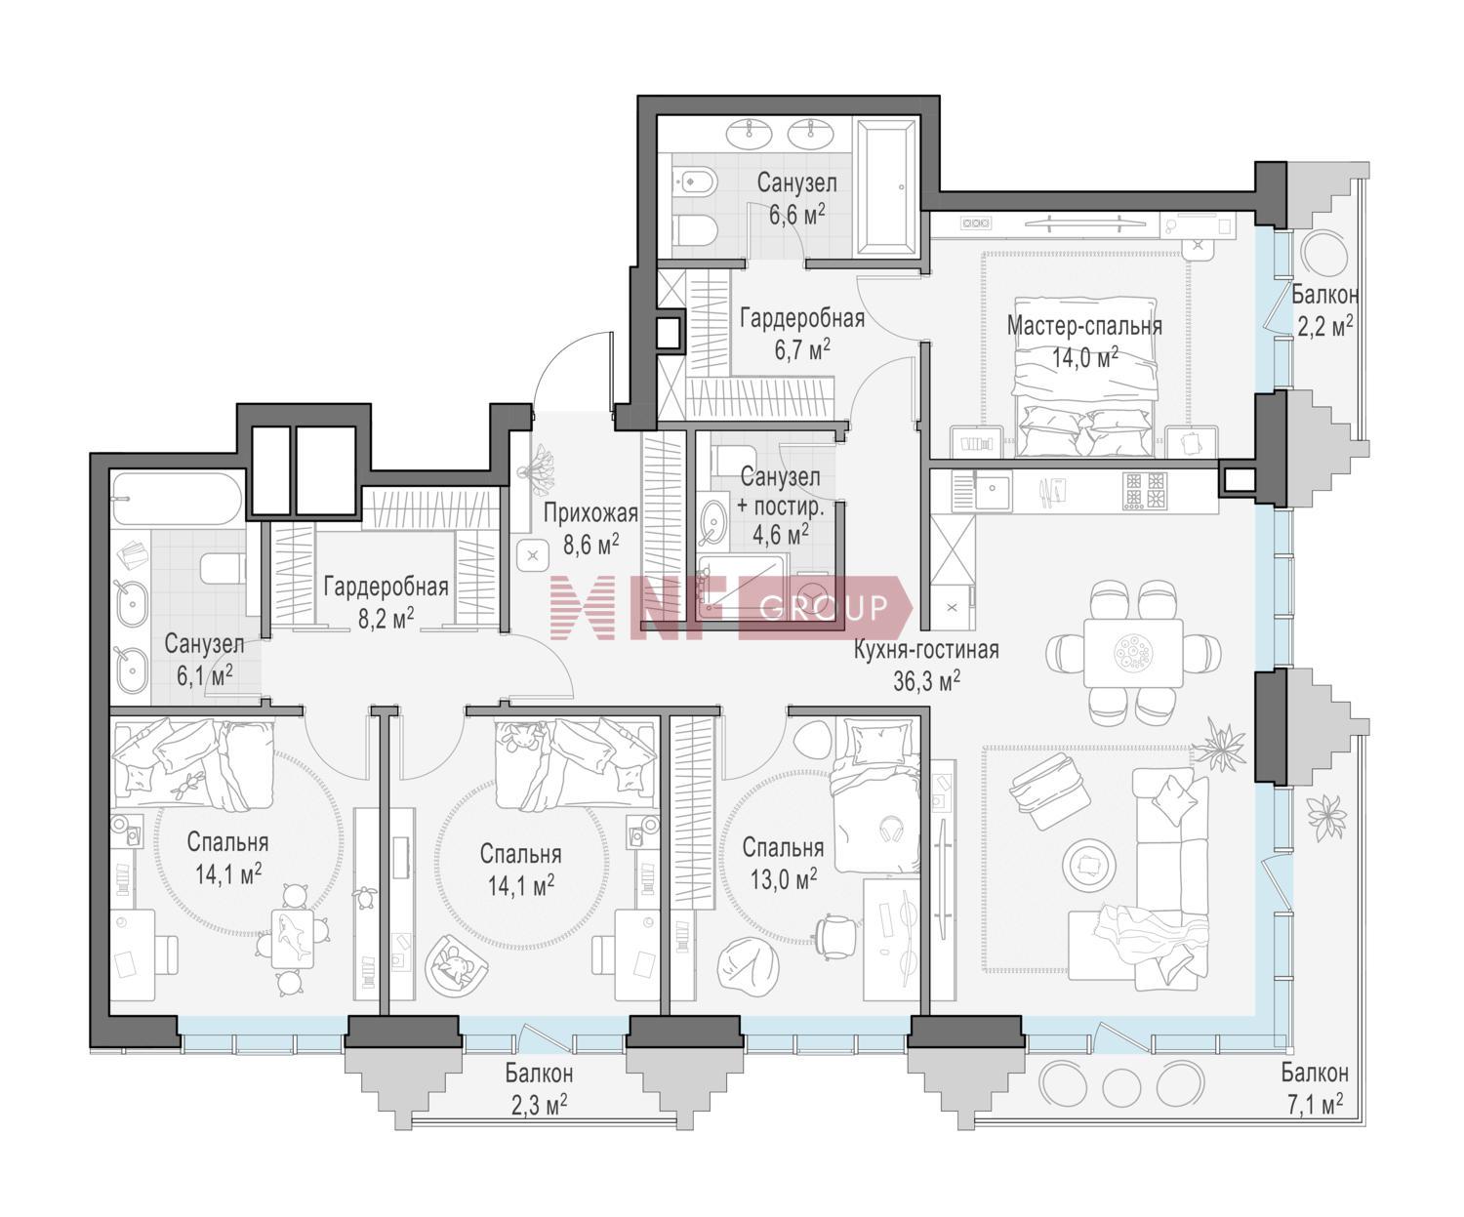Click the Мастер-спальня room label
pyautogui.click(x=1084, y=326)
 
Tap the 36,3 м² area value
pyautogui.click(x=926, y=680)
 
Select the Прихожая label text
pyautogui.click(x=590, y=514)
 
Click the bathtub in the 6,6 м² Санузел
pyautogui.click(x=886, y=186)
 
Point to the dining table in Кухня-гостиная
pyautogui.click(x=1133, y=653)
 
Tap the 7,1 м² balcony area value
pyautogui.click(x=1315, y=1106)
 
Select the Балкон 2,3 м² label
pyautogui.click(x=539, y=1089)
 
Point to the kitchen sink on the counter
pyautogui.click(x=993, y=492)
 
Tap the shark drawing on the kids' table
pyautogui.click(x=293, y=935)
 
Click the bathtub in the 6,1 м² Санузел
pyautogui.click(x=178, y=499)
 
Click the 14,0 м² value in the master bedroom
pyautogui.click(x=1084, y=358)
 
